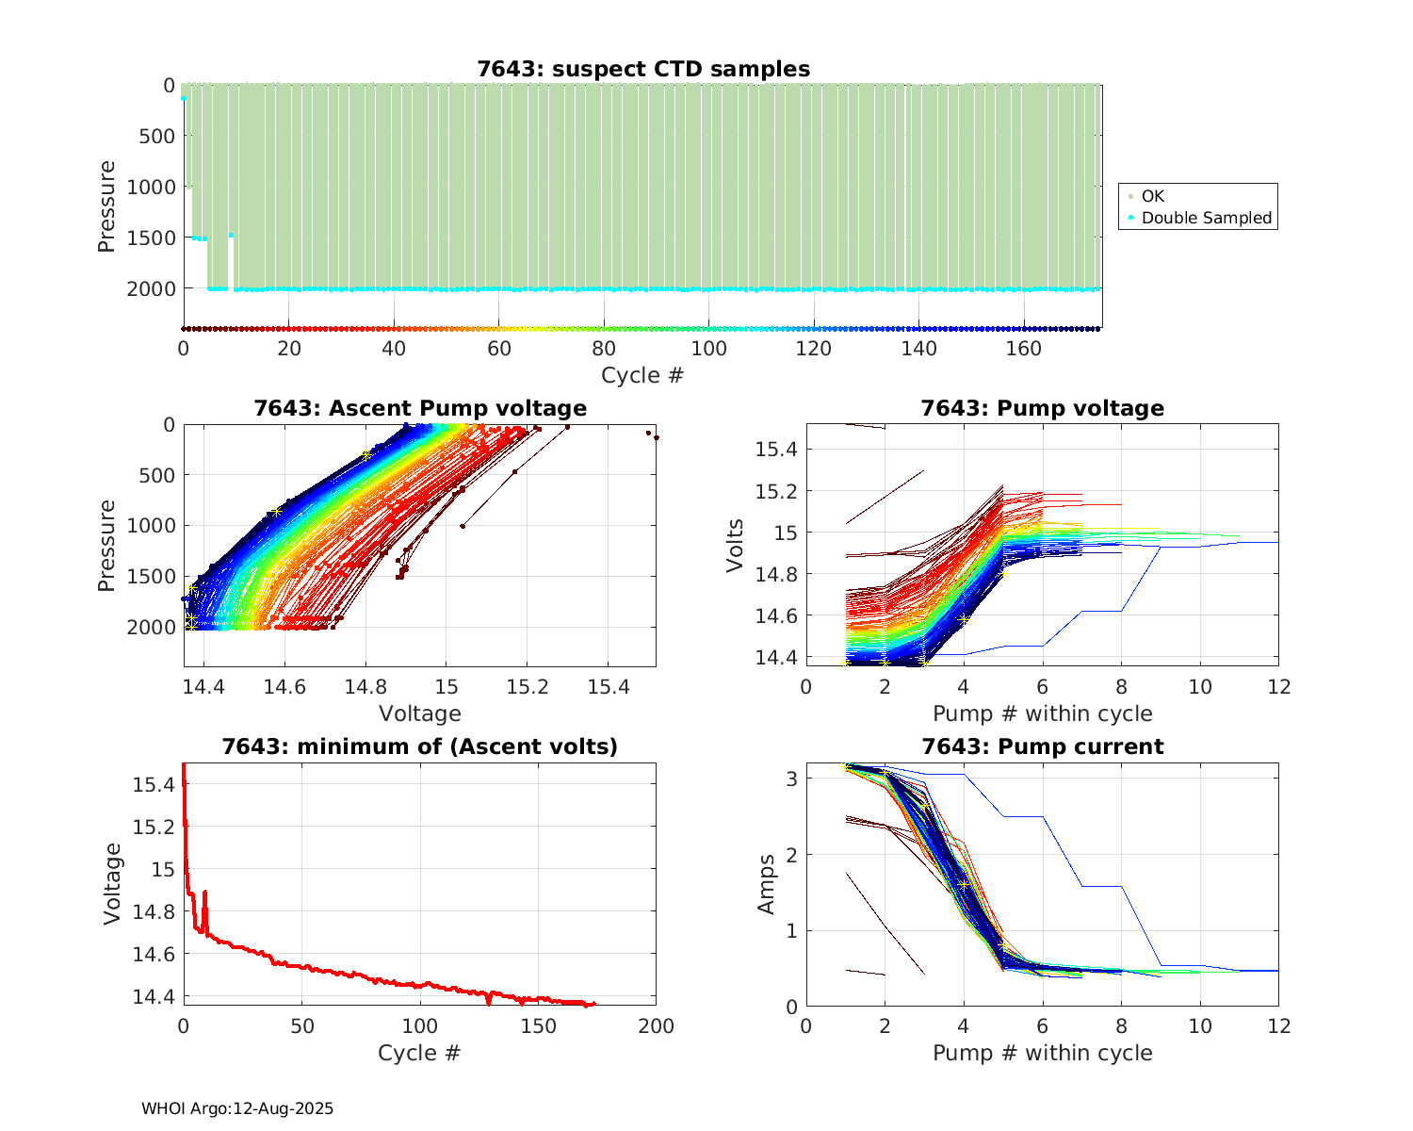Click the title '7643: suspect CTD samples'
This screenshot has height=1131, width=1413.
(642, 69)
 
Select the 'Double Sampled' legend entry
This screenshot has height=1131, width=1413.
(1206, 218)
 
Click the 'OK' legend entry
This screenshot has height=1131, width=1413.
(1152, 196)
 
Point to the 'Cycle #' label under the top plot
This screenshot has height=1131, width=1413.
(642, 375)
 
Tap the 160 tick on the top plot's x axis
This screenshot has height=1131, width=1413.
(1024, 349)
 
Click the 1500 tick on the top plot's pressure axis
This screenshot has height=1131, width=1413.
(150, 238)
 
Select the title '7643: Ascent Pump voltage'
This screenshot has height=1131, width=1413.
(420, 408)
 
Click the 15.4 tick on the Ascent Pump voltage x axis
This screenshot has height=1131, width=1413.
(609, 688)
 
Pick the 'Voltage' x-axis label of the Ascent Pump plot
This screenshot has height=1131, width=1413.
(420, 713)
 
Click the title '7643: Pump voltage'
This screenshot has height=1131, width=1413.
(1042, 408)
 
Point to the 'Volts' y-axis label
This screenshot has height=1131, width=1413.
(736, 545)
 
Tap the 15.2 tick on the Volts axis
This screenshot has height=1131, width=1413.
(776, 491)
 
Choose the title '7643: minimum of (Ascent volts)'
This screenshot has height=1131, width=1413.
(420, 746)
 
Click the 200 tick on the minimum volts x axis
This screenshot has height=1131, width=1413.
(656, 1026)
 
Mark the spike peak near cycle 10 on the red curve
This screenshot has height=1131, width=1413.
(204, 892)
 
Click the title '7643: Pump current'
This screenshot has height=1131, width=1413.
(1042, 746)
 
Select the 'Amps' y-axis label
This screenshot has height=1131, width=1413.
(768, 884)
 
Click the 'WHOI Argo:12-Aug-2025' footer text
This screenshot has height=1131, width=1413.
(237, 1108)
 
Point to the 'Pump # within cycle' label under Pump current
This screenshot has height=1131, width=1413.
(1042, 1053)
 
